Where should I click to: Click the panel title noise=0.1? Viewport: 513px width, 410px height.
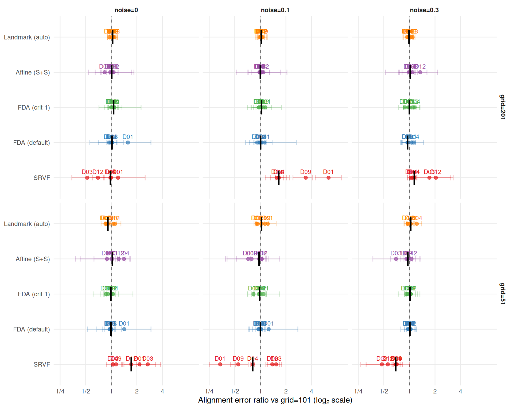[x=275, y=10]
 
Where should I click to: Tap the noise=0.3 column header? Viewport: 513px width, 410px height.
[x=424, y=10]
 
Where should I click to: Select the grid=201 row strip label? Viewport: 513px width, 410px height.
[x=503, y=107]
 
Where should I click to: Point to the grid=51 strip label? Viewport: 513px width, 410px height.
[x=503, y=294]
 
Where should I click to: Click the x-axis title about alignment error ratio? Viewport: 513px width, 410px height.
[x=275, y=400]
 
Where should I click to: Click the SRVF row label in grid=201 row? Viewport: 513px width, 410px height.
[x=42, y=178]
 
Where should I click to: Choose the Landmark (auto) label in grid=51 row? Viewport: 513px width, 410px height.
[x=27, y=224]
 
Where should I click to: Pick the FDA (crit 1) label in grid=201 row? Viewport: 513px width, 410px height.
[x=34, y=108]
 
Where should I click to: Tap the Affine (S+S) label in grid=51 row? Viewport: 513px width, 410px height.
[x=33, y=259]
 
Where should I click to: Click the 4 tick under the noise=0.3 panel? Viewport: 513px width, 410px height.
[x=460, y=391]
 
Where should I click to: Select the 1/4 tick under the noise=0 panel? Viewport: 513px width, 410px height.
[x=60, y=391]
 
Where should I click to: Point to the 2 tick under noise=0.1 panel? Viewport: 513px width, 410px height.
[x=286, y=391]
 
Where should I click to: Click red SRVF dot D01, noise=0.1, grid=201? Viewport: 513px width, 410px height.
[x=328, y=178]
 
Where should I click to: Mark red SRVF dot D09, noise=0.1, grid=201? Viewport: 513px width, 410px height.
[x=306, y=178]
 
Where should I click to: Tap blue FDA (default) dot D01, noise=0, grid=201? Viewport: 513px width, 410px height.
[x=128, y=143]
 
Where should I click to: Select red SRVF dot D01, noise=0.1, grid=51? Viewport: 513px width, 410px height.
[x=220, y=364]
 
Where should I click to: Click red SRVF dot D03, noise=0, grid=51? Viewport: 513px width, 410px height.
[x=148, y=364]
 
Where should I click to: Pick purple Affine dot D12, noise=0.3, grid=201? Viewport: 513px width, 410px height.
[x=420, y=72]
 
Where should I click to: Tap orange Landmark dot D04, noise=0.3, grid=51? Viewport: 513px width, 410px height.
[x=417, y=224]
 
